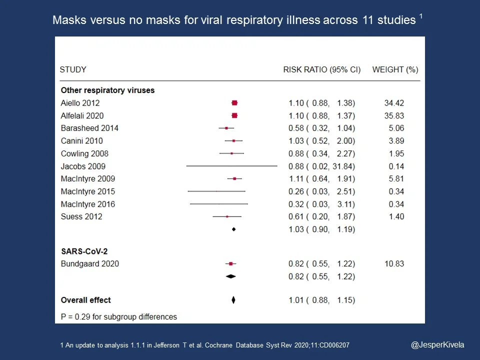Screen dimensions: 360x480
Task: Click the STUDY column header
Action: click(73, 69)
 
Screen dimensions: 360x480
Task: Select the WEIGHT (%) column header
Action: click(395, 69)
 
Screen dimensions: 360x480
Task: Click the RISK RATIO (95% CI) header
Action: click(321, 69)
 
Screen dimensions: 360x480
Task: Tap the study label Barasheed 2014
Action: click(89, 128)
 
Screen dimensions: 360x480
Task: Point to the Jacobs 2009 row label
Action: click(83, 166)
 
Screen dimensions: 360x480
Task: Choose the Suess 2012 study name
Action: click(81, 216)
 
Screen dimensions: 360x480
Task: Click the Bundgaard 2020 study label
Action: click(90, 263)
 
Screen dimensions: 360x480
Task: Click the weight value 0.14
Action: click(396, 166)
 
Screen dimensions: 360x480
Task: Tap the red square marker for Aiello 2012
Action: click(234, 103)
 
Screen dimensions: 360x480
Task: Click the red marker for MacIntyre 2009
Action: click(234, 178)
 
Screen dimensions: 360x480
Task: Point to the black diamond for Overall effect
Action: click(233, 300)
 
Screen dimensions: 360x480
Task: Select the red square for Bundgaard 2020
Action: click(230, 263)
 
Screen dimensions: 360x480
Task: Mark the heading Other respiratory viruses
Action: click(107, 90)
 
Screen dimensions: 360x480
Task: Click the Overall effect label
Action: click(85, 300)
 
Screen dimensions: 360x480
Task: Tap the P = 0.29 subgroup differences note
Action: click(118, 316)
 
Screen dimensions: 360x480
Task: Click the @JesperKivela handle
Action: click(437, 344)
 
